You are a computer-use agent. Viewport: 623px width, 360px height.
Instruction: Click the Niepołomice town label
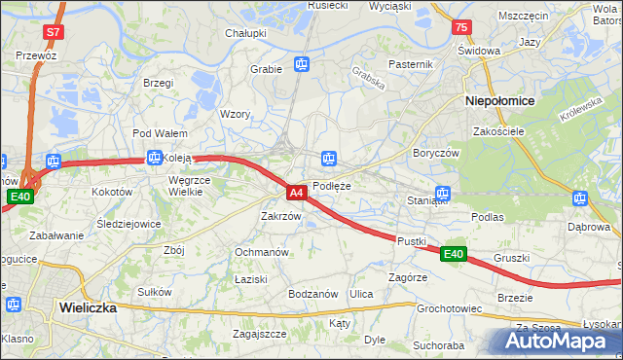[499, 100]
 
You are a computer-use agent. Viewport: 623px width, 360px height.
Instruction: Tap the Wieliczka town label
[88, 306]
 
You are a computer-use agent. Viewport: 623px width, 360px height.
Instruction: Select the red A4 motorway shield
[298, 193]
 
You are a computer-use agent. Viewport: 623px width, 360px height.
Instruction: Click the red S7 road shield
[53, 32]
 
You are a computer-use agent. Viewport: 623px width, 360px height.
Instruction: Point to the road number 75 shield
[461, 28]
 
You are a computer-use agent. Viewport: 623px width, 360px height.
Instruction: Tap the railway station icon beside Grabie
[302, 66]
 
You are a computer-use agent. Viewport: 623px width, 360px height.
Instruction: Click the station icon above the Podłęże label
[330, 158]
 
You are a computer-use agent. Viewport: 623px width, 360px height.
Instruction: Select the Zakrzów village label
[280, 216]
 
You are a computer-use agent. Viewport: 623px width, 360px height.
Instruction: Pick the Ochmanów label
[261, 252]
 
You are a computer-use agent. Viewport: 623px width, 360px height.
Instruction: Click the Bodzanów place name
[312, 294]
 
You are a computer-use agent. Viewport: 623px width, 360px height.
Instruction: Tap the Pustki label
[412, 239]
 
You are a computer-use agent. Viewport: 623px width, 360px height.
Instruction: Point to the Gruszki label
[511, 258]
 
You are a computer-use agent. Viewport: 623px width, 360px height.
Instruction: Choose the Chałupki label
[246, 33]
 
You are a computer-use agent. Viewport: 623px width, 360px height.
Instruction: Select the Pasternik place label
[410, 64]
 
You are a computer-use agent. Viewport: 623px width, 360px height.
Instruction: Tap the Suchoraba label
[437, 344]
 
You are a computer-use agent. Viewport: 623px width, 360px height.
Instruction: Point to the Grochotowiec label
[450, 309]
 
